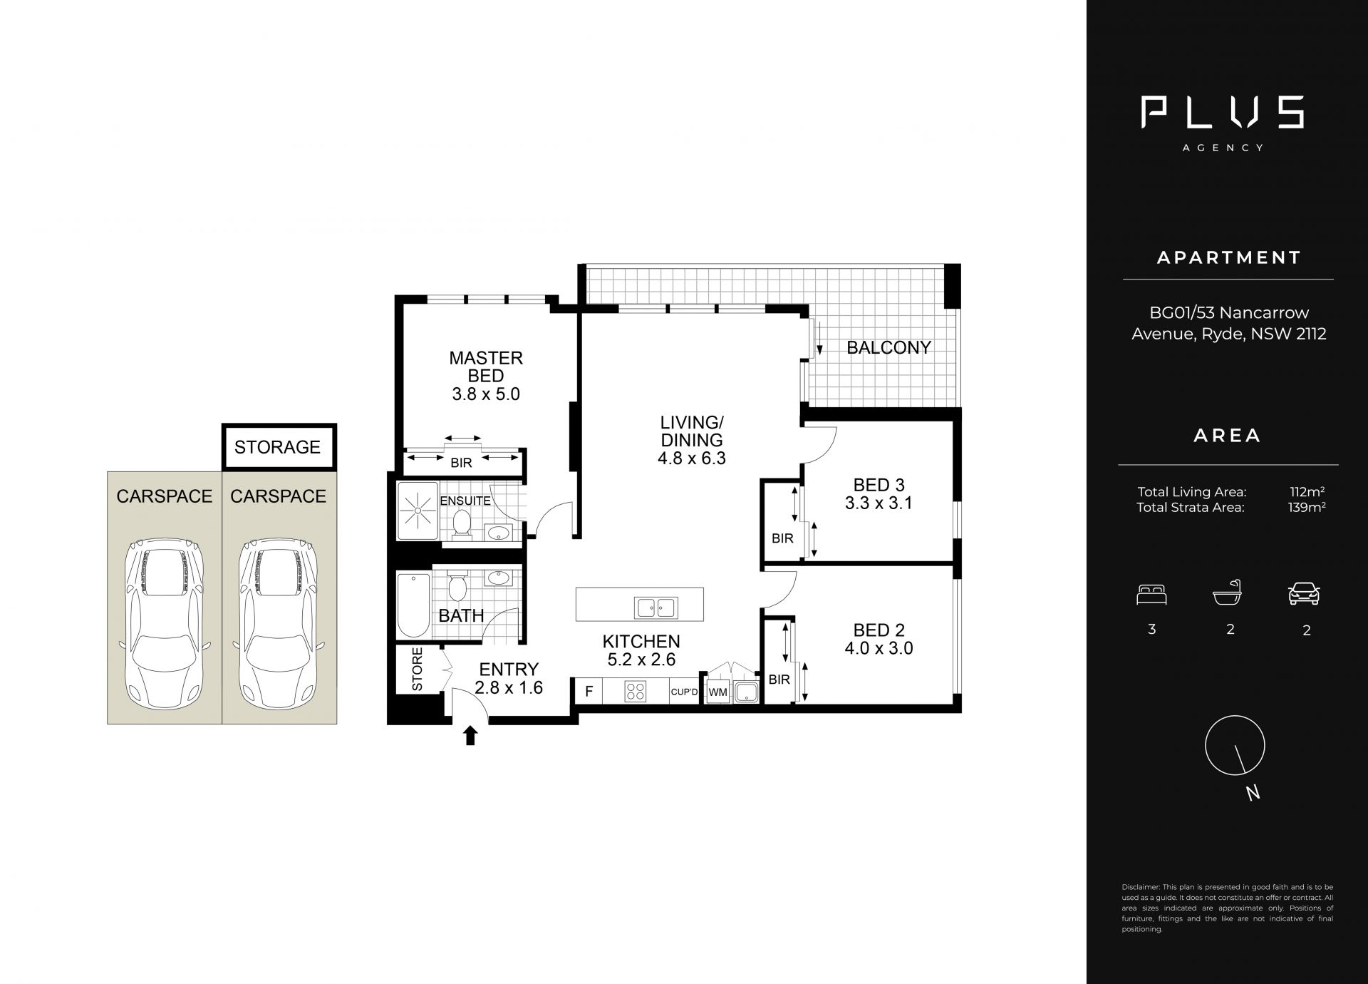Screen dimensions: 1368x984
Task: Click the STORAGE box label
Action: coord(277,447)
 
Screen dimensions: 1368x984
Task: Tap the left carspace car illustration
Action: coord(164,622)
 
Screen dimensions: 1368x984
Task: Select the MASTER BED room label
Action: coord(486,367)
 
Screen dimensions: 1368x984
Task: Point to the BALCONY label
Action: coord(888,347)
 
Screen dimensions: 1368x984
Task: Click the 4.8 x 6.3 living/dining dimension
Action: coord(691,458)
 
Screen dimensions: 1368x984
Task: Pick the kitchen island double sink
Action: coord(656,608)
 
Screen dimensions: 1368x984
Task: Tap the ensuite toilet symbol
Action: coord(462,525)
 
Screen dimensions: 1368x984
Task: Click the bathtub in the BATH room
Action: coord(413,605)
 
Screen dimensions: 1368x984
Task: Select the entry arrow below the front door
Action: coord(470,736)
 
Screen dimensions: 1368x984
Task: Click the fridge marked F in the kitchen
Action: coord(589,691)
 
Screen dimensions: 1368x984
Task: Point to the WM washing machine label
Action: coord(717,692)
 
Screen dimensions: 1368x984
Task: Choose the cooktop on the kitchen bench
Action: coord(635,692)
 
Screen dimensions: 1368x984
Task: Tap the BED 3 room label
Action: coord(879,485)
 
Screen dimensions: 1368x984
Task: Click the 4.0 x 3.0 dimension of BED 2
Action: coord(879,648)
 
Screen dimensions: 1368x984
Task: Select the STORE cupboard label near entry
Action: coord(418,669)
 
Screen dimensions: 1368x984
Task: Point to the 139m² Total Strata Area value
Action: coord(1307,508)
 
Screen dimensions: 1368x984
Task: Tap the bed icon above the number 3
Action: coord(1151,595)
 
